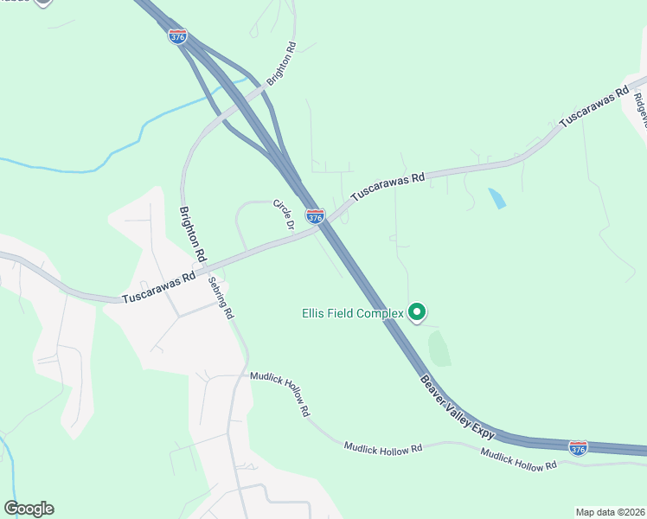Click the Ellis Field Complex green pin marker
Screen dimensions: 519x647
pos(417,311)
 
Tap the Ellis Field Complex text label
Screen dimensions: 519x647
pos(353,312)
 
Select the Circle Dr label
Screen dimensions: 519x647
pos(284,214)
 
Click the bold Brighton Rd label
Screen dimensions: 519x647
pos(192,234)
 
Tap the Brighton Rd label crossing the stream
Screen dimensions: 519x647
pos(281,65)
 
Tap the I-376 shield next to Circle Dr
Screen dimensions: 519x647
pos(315,216)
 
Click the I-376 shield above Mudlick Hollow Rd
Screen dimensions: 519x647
pos(578,447)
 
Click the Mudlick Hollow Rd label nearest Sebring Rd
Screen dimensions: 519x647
pos(279,394)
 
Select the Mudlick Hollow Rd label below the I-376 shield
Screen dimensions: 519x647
pos(518,458)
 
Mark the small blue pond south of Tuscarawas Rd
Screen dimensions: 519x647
pos(496,198)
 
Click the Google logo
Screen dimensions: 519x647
pos(29,509)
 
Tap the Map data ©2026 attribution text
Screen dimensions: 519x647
pos(610,512)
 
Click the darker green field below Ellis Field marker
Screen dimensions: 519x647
pos(439,348)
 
